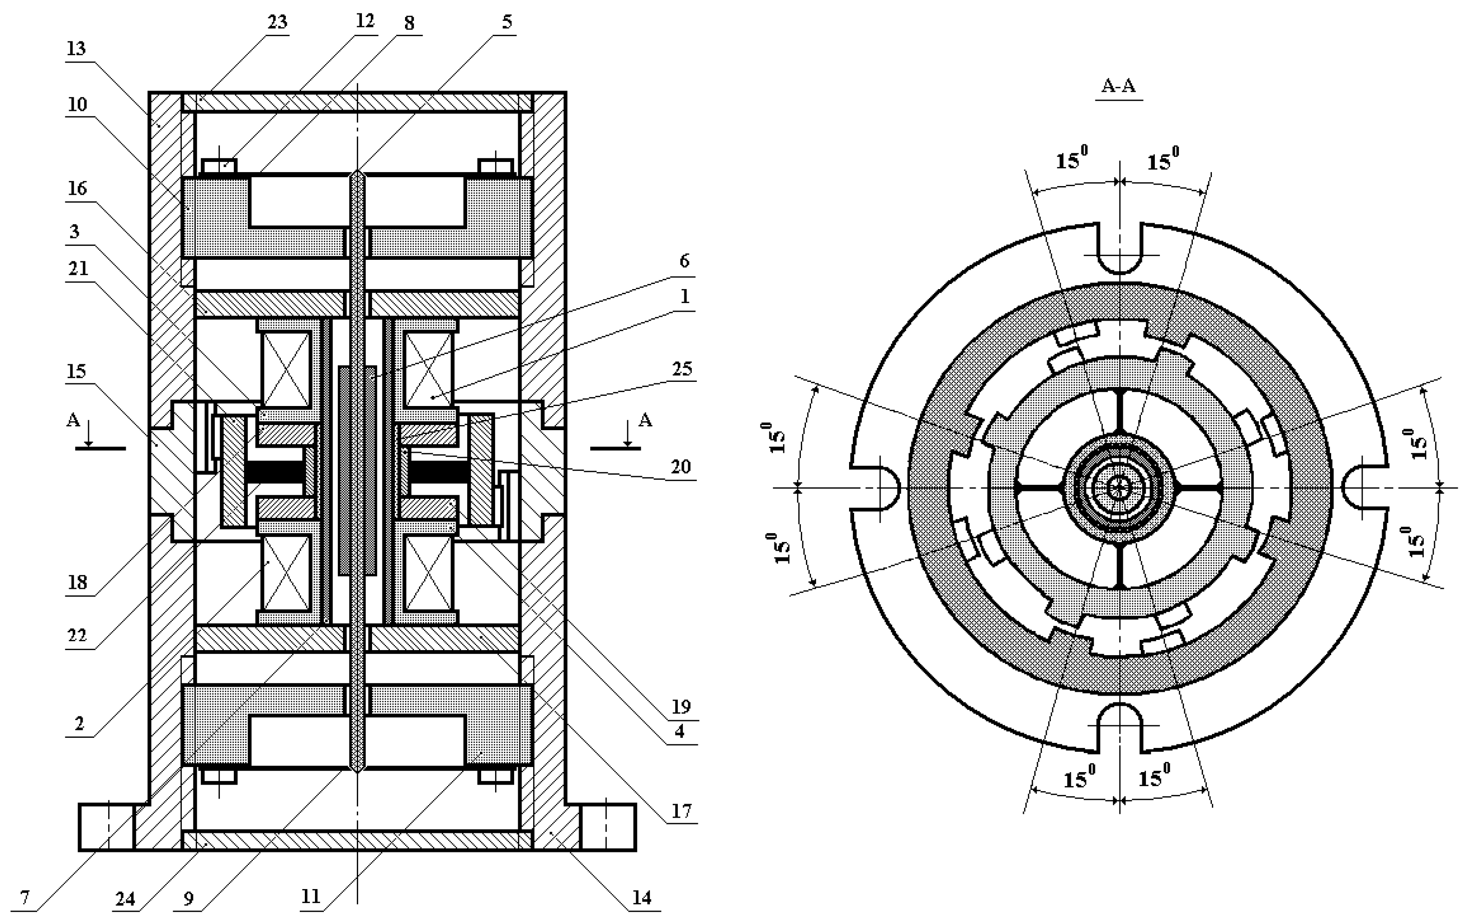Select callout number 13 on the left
click(76, 49)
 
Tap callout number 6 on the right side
click(684, 261)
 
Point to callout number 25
click(682, 369)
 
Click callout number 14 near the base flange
click(641, 897)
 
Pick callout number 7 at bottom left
click(25, 897)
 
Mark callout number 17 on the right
click(681, 811)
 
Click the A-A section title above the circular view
click(1119, 86)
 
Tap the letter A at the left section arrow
click(73, 419)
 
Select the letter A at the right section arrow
click(645, 419)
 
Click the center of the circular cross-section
click(1118, 487)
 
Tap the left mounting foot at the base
click(106, 826)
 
